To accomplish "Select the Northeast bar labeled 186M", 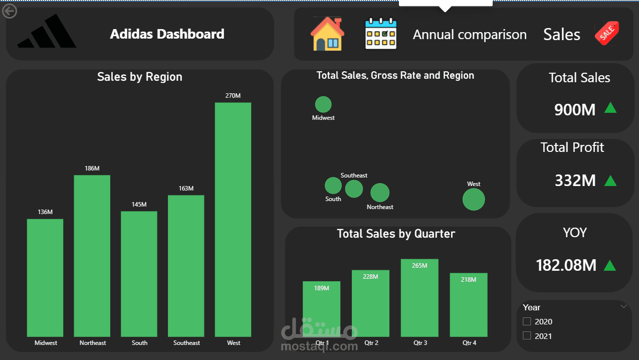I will (x=92, y=255).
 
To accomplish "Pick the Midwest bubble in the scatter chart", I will (x=323, y=104).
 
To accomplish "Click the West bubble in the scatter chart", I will (x=474, y=200).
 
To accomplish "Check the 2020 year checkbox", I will (x=527, y=321).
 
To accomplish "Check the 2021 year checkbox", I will (x=527, y=336).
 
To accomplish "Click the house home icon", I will (x=327, y=34).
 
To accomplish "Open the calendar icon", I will (x=380, y=34).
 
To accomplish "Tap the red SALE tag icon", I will (x=607, y=34).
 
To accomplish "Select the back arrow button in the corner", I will (x=10, y=11).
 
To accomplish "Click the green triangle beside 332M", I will (x=610, y=181).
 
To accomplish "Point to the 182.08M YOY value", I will (x=566, y=265).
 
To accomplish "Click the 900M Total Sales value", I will (x=575, y=110).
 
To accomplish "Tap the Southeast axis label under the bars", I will (x=186, y=343).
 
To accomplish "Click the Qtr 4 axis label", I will (x=469, y=343).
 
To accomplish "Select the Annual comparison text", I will (x=470, y=35).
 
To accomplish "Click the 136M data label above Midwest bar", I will (x=45, y=212).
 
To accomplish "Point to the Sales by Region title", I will (x=139, y=77).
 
